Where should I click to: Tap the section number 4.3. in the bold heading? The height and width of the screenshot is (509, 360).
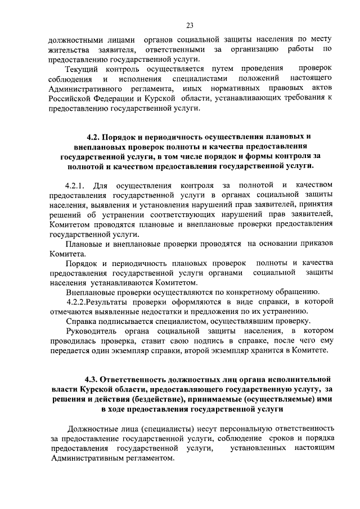93,379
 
